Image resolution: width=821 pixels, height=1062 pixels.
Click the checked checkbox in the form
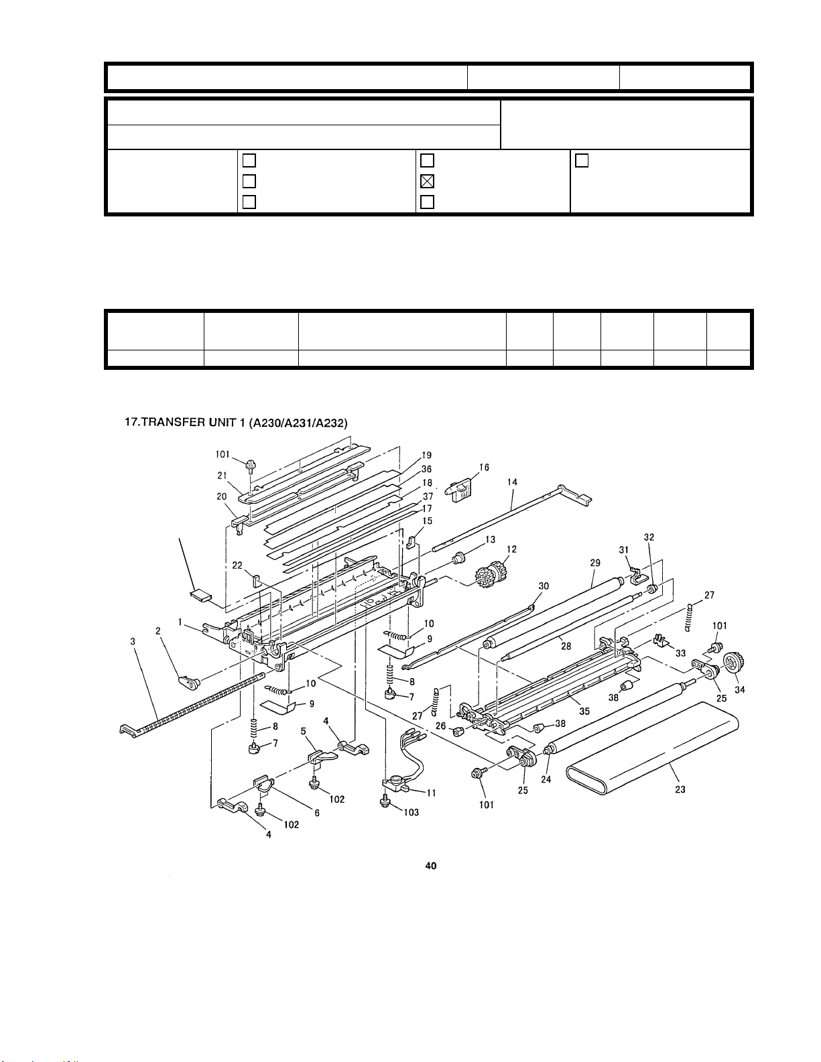[427, 182]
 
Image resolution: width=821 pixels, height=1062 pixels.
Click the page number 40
[430, 866]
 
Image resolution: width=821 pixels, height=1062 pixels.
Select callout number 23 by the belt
[680, 789]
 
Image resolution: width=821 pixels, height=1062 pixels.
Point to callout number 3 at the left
[133, 641]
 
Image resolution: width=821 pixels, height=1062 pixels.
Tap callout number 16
[484, 467]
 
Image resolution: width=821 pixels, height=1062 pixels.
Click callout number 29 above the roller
[594, 563]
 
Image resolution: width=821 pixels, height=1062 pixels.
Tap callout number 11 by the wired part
[431, 793]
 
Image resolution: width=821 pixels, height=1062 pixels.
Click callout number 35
[584, 711]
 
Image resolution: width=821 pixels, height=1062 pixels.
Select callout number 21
[223, 475]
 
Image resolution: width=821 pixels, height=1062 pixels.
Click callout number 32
[649, 537]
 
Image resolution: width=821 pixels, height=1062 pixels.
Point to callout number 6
[316, 813]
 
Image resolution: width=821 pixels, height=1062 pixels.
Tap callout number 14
[511, 482]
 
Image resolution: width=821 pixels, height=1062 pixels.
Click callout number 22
[237, 566]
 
